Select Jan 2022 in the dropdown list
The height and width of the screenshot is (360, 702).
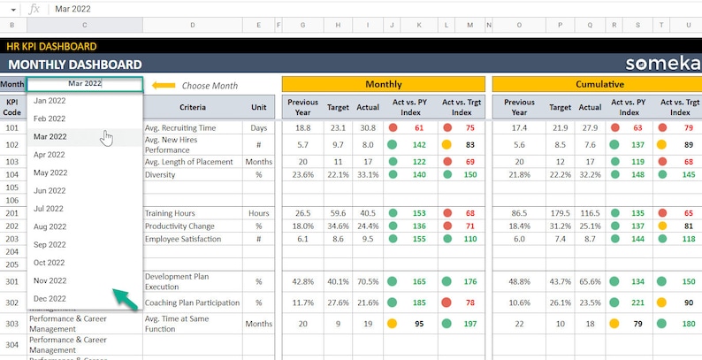pyautogui.click(x=50, y=100)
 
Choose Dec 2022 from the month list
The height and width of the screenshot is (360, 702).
pyautogui.click(x=50, y=299)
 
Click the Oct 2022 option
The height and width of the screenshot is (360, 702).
pyautogui.click(x=50, y=263)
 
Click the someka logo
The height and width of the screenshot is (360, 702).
pyautogui.click(x=658, y=64)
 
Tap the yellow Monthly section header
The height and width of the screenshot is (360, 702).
pyautogui.click(x=383, y=85)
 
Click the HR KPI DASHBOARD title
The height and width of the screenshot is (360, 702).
pyautogui.click(x=50, y=46)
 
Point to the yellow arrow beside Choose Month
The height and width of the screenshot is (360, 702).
pyautogui.click(x=164, y=86)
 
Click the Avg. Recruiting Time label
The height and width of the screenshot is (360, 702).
pyautogui.click(x=179, y=128)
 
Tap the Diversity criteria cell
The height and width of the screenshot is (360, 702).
pyautogui.click(x=161, y=174)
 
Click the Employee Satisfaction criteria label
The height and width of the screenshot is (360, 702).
pyautogui.click(x=189, y=239)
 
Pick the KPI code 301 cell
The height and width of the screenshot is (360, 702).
pyautogui.click(x=12, y=281)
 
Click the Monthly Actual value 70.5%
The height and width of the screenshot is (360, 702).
pyautogui.click(x=368, y=281)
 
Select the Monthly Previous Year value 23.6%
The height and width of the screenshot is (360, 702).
pyautogui.click(x=302, y=174)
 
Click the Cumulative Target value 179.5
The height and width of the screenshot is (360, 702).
pyautogui.click(x=559, y=213)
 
